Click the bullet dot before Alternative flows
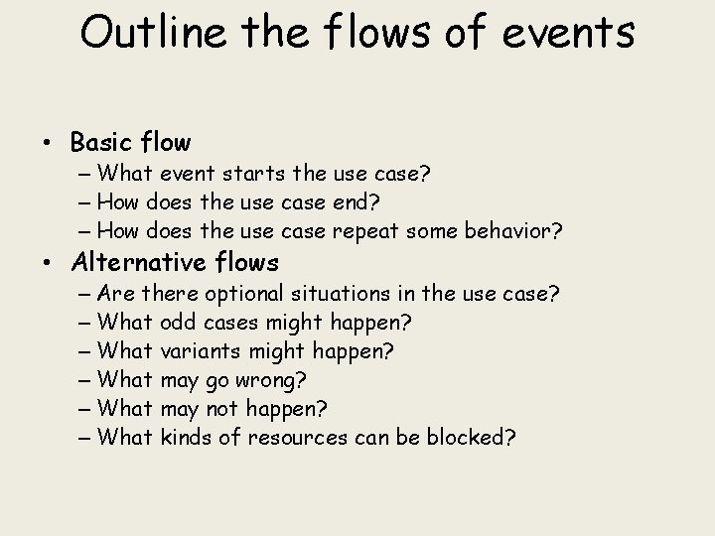49,263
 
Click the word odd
178,323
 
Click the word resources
300,437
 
